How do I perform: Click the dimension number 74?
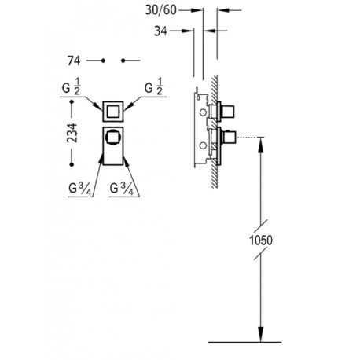(77, 60)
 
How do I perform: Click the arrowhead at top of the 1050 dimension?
(260, 145)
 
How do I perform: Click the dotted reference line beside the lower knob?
(247, 138)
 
